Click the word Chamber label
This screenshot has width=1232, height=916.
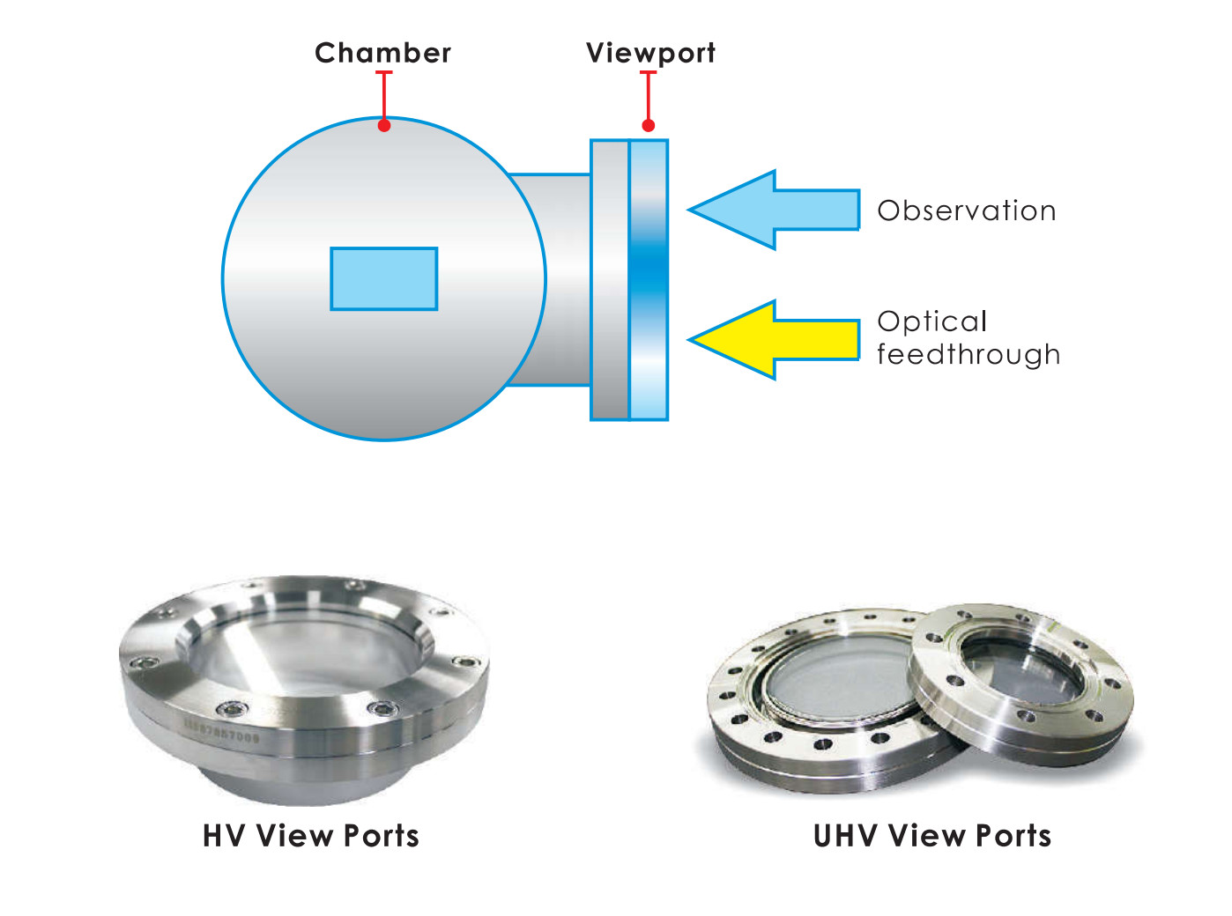point(382,53)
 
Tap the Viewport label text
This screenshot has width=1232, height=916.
point(650,53)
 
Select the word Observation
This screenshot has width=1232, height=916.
point(967,211)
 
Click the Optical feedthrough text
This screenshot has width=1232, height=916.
point(968,338)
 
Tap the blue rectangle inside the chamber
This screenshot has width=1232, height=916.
point(384,278)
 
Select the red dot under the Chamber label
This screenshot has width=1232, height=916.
point(384,125)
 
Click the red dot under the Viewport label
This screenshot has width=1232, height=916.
point(649,125)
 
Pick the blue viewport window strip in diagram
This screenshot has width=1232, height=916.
point(649,280)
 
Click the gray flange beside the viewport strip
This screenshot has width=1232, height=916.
point(610,280)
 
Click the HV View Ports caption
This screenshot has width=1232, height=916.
point(311,835)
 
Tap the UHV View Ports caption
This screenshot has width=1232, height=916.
point(932,835)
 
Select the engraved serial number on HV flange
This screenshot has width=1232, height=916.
point(221,730)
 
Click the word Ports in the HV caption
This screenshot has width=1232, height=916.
point(381,835)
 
